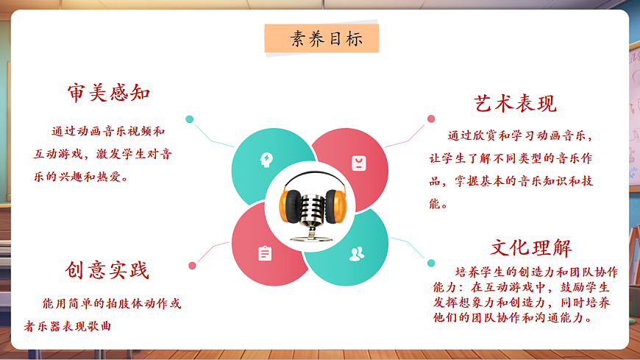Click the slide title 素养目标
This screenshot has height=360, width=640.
(321, 39)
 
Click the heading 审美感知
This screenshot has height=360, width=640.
(109, 93)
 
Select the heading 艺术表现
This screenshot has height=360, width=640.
(515, 104)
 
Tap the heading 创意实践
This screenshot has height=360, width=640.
(107, 270)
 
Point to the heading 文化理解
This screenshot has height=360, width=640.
(531, 247)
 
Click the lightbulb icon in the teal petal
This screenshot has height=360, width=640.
(266, 158)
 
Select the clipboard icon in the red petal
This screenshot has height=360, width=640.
(265, 253)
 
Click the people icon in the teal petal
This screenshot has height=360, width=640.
(357, 254)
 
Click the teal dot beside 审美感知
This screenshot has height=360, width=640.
(190, 119)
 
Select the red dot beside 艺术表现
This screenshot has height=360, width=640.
(430, 119)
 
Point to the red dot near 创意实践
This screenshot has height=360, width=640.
(192, 265)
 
